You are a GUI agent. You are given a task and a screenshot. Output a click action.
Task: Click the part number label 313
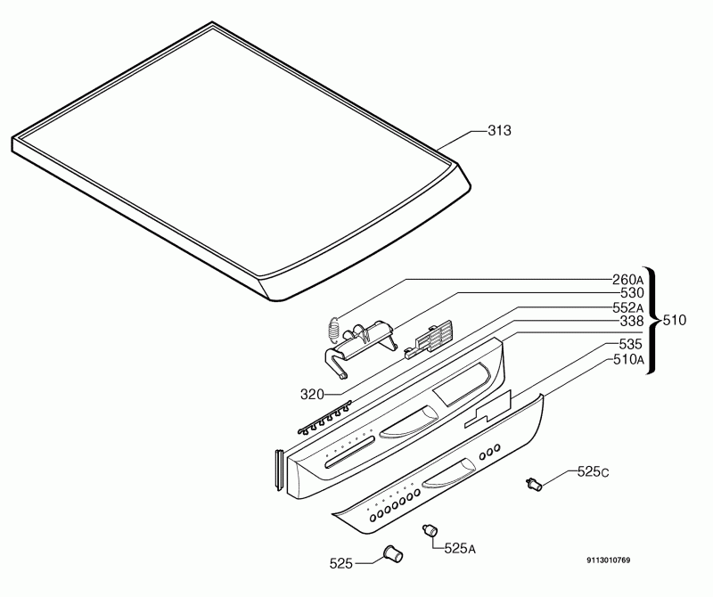click(x=499, y=130)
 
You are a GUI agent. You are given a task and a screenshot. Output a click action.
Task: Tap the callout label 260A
click(x=628, y=279)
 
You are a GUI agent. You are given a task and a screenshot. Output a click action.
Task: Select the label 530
click(x=632, y=293)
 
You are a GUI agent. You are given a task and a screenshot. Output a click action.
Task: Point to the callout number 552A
click(x=628, y=307)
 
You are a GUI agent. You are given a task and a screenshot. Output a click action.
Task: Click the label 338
click(x=632, y=322)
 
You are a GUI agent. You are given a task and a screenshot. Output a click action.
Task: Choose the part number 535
click(x=631, y=344)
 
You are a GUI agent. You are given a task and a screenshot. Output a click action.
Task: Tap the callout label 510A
click(x=629, y=360)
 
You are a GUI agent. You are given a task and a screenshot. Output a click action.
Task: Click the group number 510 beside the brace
click(x=675, y=321)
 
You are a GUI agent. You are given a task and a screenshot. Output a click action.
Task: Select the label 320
click(x=312, y=394)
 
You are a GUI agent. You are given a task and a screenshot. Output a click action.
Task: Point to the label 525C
click(x=593, y=472)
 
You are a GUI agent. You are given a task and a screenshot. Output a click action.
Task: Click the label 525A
click(x=460, y=548)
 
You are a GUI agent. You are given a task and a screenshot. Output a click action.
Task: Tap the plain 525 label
click(x=341, y=564)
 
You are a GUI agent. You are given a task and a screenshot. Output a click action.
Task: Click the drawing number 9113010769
click(x=609, y=560)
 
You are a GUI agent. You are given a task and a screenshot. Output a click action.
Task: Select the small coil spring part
click(x=333, y=330)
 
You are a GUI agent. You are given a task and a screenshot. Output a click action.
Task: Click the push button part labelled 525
click(x=393, y=554)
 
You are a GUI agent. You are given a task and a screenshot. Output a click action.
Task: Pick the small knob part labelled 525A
click(x=430, y=530)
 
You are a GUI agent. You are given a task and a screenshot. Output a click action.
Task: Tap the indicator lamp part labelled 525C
click(x=534, y=485)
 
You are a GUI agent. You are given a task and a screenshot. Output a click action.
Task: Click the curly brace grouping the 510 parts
click(x=652, y=320)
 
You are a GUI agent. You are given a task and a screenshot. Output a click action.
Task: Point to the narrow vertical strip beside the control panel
click(x=279, y=470)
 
